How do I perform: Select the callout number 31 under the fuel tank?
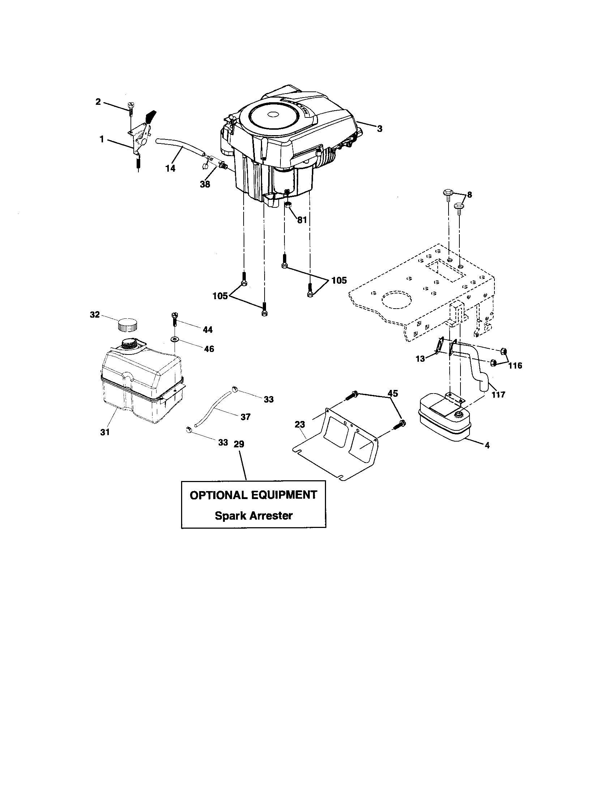click(105, 432)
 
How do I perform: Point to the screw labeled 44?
click(175, 319)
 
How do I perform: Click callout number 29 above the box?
click(239, 444)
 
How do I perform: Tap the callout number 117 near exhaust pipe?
click(498, 394)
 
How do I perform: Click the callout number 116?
click(515, 365)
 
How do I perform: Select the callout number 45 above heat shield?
click(393, 394)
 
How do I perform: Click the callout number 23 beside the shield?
click(300, 424)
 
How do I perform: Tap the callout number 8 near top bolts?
click(469, 195)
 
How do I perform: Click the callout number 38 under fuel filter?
click(205, 184)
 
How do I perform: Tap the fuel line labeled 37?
click(214, 408)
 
